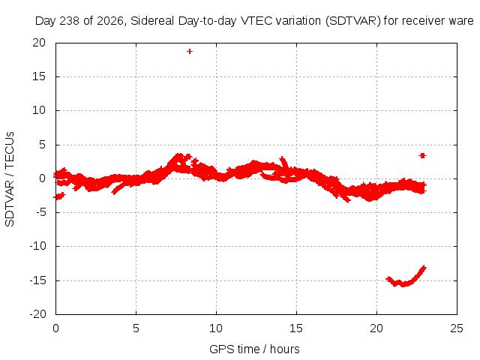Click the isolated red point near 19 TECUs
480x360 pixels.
(190, 52)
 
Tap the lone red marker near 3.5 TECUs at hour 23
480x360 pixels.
(422, 156)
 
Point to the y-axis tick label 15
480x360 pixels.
(39, 76)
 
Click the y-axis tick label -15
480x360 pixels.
(37, 280)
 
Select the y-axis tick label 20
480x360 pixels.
(39, 43)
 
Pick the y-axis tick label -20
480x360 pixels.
(37, 314)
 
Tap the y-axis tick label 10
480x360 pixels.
(39, 110)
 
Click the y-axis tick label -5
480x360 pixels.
(40, 212)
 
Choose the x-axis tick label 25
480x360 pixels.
(457, 328)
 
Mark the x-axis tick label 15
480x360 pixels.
(296, 328)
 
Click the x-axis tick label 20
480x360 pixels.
(376, 328)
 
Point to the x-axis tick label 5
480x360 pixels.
(136, 328)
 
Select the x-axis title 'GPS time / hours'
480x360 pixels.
(254, 349)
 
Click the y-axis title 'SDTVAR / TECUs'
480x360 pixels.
(10, 179)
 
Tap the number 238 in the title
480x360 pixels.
(70, 21)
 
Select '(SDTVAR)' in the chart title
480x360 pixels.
(353, 21)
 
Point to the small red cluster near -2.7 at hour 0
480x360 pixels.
(59, 196)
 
